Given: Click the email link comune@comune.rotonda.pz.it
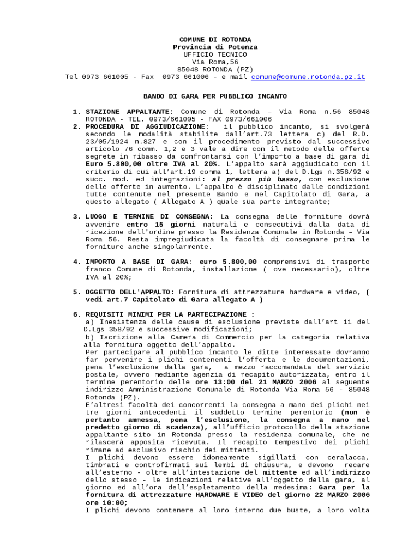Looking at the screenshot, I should [308, 77].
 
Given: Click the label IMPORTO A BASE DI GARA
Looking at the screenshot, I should [137, 262].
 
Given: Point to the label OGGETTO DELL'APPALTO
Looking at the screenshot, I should [130, 292].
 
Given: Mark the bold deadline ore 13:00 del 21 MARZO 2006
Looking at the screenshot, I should [256, 383].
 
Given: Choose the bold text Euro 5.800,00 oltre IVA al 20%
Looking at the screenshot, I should [151, 163].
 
